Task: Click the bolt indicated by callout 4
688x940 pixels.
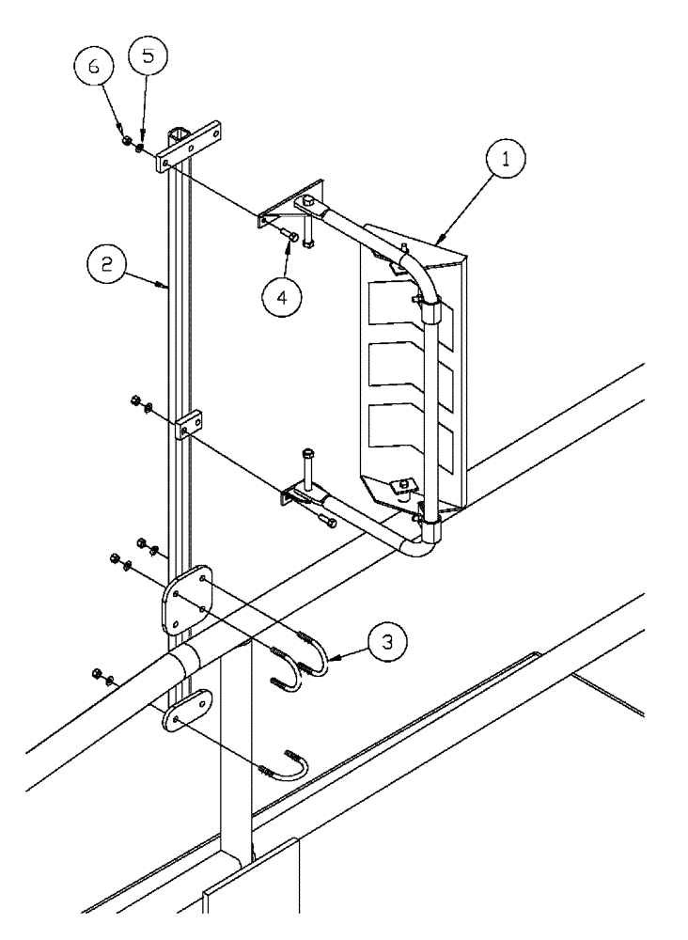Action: [x=290, y=237]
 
